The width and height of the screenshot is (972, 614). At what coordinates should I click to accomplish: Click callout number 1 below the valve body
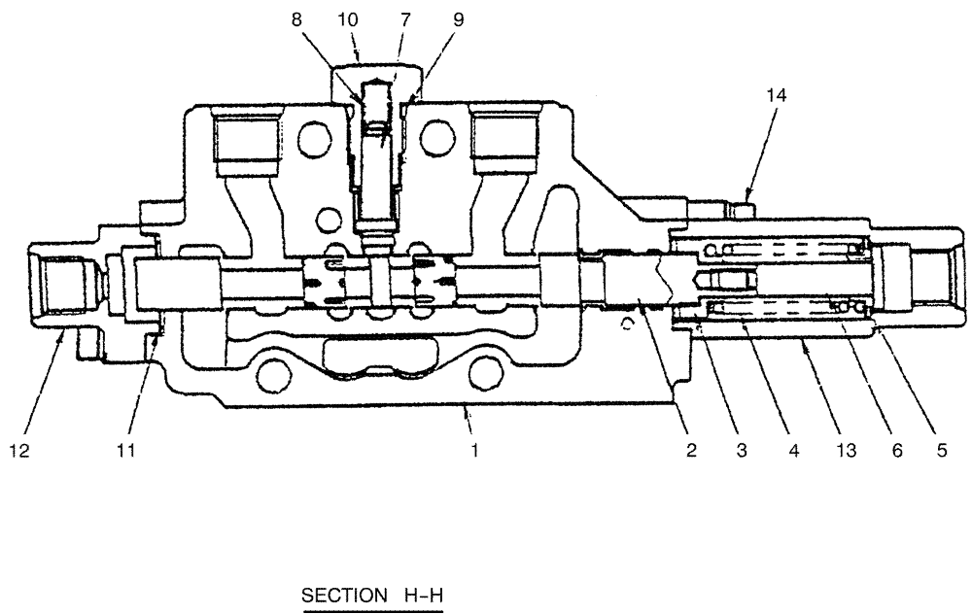pyautogui.click(x=475, y=450)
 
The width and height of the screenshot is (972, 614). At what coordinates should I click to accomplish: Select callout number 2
pyautogui.click(x=691, y=450)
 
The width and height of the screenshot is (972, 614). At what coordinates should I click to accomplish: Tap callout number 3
pyautogui.click(x=742, y=450)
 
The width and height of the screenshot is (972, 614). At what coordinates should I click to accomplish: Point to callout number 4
pyautogui.click(x=793, y=450)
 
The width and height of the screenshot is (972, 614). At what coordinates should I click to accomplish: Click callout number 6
pyautogui.click(x=896, y=450)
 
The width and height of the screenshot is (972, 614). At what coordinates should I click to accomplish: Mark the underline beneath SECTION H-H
pyautogui.click(x=374, y=611)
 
